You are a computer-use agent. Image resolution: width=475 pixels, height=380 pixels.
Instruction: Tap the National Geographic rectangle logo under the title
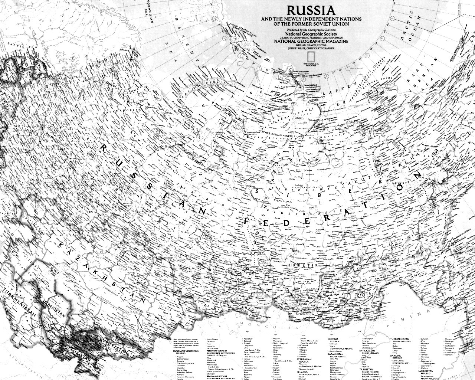click(x=311, y=56)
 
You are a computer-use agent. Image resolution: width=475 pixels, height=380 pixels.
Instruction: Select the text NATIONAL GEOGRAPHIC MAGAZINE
click(x=311, y=42)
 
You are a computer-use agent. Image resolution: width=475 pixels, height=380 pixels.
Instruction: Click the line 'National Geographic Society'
click(x=311, y=34)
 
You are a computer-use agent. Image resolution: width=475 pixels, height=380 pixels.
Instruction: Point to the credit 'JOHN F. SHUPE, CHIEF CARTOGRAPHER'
click(x=311, y=48)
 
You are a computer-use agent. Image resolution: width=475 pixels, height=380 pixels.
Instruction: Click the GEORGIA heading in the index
click(x=334, y=339)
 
